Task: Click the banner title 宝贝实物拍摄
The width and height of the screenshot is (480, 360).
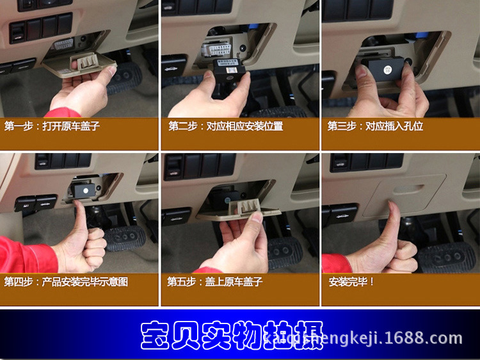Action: [230, 335]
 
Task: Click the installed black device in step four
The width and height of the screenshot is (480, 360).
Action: [83, 190]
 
